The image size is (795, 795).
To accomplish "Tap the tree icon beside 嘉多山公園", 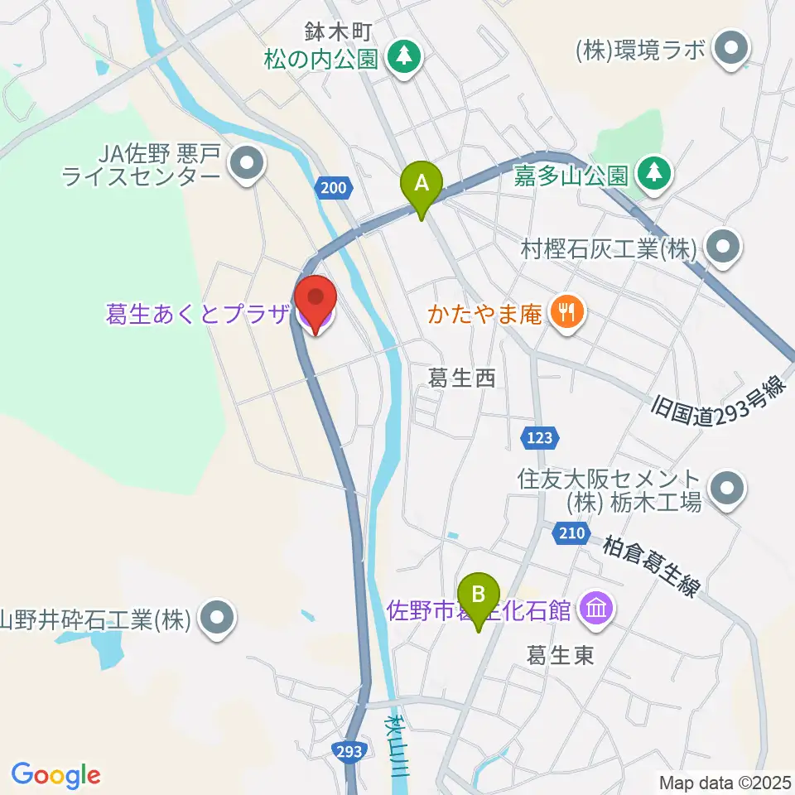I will [654, 173].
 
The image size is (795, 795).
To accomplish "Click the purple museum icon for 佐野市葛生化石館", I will [596, 611].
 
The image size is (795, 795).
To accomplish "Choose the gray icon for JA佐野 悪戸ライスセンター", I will [247, 166].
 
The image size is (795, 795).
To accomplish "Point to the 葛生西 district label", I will [461, 379].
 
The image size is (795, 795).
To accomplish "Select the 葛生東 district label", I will [561, 656].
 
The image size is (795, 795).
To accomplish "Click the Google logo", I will [55, 775].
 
